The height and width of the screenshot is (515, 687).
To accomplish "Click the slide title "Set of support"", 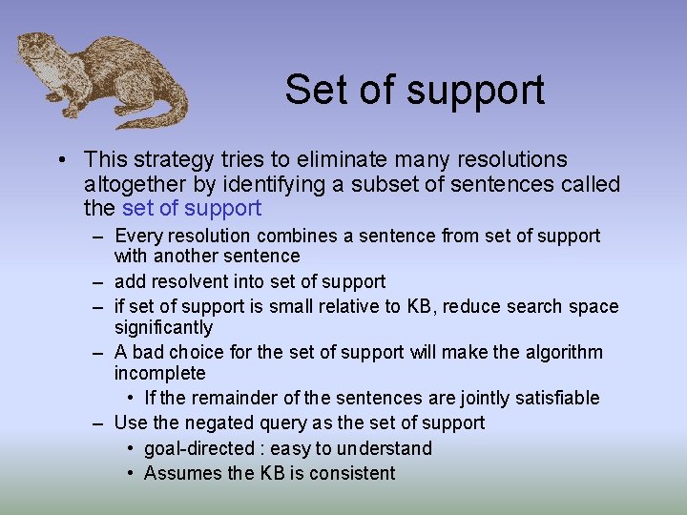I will pos(414,90).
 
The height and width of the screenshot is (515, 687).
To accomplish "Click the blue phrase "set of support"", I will pos(191,208).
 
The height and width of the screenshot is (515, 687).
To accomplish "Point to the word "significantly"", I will pos(163,327).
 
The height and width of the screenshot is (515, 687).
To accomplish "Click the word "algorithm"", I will pos(561,352).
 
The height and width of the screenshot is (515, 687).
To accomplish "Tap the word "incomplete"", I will pos(159,373).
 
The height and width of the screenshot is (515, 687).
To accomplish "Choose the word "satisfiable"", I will pos(548,398).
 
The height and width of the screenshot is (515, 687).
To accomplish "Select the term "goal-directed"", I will pos(201,448).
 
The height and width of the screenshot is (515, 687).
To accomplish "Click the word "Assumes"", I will pos(179,473).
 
